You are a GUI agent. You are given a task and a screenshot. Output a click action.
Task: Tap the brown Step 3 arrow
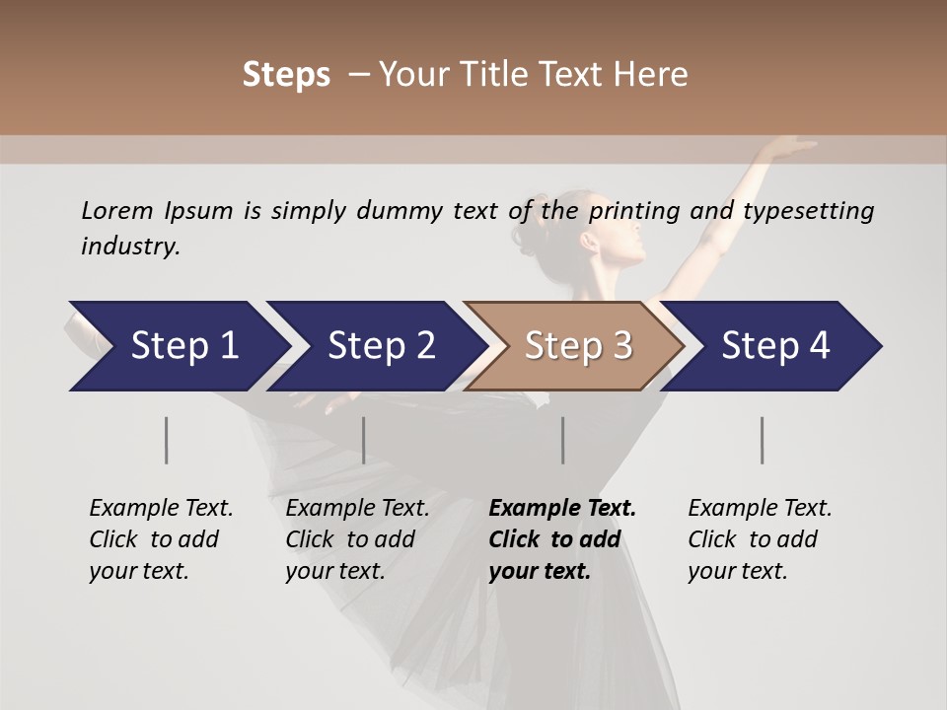[x=576, y=346]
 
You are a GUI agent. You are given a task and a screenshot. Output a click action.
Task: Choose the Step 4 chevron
[x=774, y=346]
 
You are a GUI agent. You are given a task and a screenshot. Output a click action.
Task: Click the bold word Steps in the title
[x=286, y=75]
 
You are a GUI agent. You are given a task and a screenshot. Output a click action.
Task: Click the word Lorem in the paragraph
[x=116, y=210]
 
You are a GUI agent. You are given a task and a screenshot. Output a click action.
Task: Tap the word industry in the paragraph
[x=129, y=247]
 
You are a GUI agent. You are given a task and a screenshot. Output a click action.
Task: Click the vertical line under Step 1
[x=166, y=440]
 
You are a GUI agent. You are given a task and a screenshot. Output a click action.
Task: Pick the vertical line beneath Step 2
[x=364, y=440]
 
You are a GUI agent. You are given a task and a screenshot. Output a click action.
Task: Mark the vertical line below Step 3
[x=562, y=440]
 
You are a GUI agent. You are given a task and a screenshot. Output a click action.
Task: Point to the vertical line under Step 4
[x=762, y=440]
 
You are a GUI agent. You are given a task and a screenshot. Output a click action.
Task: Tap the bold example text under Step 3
[x=560, y=539]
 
